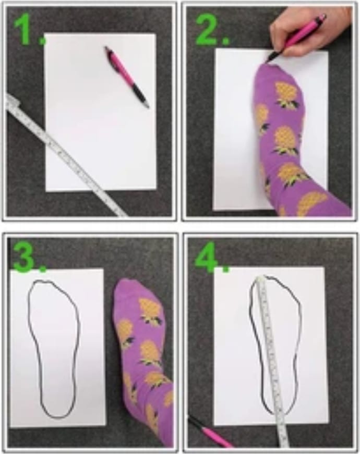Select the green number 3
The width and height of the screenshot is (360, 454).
pyautogui.click(x=26, y=258)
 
